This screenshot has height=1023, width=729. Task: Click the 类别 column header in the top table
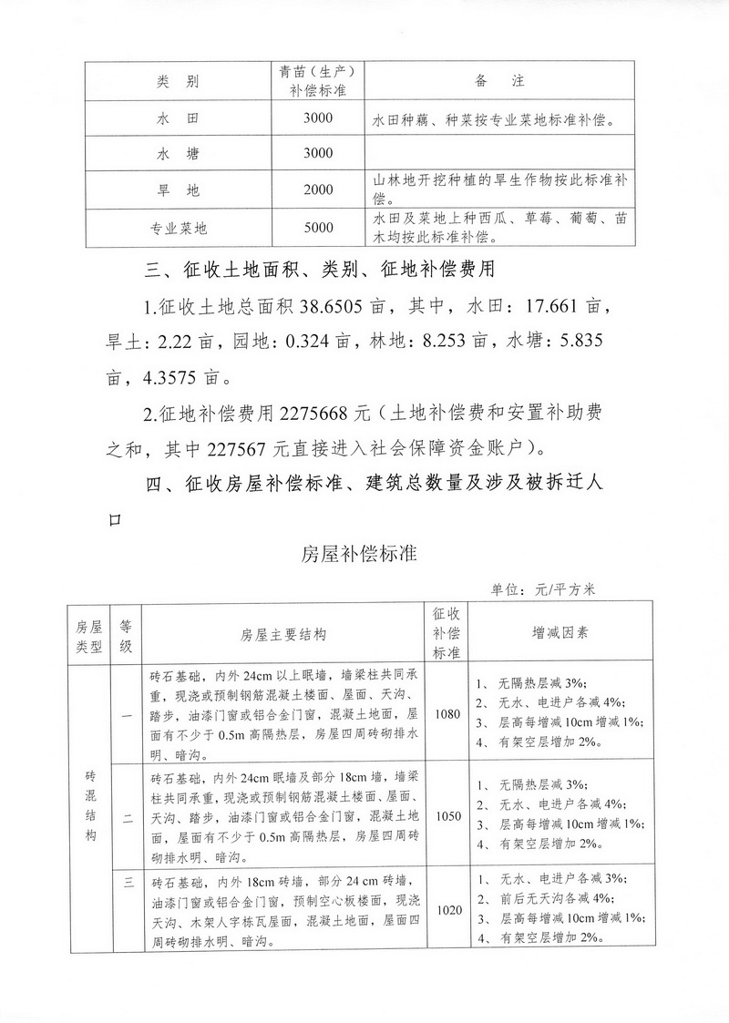(178, 82)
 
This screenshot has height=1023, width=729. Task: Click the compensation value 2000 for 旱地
(319, 190)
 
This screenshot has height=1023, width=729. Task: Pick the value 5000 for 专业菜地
(319, 228)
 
